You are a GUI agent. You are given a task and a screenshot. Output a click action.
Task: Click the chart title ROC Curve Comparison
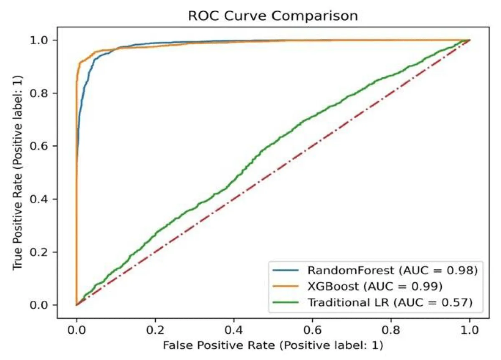coord(273,16)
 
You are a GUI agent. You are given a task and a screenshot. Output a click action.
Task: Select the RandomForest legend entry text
coord(392,270)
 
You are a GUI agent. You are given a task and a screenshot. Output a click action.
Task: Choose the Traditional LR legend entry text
coord(390,302)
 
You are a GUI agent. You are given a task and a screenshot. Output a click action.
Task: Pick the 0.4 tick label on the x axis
coord(234,330)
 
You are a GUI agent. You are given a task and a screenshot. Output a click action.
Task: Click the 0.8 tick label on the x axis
coord(391,330)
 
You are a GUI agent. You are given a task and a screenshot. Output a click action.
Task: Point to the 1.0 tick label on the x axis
coord(470,330)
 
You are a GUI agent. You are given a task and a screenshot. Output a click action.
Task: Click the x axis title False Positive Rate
coord(273,346)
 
